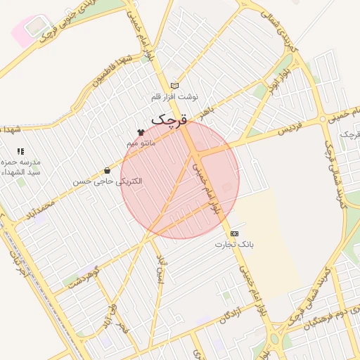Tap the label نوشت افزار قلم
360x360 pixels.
[x=176, y=96]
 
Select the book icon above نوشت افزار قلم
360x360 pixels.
[x=175, y=86]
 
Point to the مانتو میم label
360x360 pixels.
[x=141, y=143]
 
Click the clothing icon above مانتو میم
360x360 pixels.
[x=141, y=132]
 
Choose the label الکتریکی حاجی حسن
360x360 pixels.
[x=108, y=181]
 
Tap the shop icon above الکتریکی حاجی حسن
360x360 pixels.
[x=107, y=170]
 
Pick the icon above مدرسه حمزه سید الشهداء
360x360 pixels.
[x=20, y=151]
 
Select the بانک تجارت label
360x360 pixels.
[x=234, y=245]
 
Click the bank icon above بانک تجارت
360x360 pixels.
[x=234, y=233]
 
